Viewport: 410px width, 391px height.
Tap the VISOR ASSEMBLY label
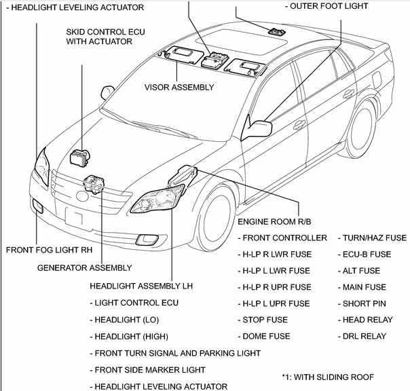(179, 87)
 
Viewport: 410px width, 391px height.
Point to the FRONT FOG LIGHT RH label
(49, 250)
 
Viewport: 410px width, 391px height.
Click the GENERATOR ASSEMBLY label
(85, 267)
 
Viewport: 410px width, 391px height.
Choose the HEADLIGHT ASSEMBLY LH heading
(141, 286)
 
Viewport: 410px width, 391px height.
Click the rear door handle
(348, 94)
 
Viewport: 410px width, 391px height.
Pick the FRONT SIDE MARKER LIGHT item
(150, 370)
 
